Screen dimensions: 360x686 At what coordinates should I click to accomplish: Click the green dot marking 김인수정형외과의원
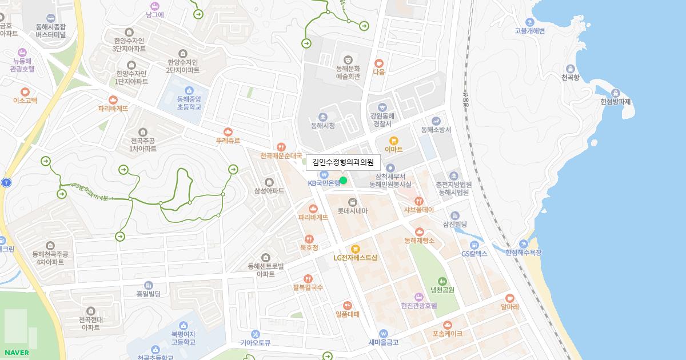tap(343, 181)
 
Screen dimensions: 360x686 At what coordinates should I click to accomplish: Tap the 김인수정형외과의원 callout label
tap(343, 162)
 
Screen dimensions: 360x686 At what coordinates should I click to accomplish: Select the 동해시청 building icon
tap(323, 117)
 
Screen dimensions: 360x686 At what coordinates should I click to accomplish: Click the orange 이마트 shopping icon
tap(393, 141)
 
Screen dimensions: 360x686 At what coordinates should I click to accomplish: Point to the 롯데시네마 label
tap(352, 211)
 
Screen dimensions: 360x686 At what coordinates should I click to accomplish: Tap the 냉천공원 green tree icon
tap(442, 281)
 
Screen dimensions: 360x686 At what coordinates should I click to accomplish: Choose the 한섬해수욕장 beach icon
tap(524, 244)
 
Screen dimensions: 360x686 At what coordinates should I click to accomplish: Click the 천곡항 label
tap(570, 77)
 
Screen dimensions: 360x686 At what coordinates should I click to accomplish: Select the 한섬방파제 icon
tap(616, 93)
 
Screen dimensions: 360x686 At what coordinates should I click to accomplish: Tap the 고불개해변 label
tap(530, 31)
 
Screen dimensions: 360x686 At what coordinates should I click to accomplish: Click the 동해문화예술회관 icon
tap(348, 59)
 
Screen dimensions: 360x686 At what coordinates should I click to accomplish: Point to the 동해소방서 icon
tap(436, 121)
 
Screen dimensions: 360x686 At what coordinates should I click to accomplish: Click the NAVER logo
tap(17, 352)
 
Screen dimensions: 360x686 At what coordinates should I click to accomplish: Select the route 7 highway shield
tap(6, 183)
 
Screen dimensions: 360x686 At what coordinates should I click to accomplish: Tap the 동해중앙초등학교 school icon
tap(189, 90)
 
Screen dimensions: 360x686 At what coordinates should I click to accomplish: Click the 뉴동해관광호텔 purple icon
tap(22, 52)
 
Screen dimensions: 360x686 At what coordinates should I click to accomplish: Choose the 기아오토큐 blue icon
tap(255, 334)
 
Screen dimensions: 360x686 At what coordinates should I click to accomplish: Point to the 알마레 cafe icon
tap(509, 298)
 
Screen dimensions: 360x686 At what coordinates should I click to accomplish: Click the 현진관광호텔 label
tap(419, 306)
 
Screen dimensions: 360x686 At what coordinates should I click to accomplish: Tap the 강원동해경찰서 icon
tap(382, 107)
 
